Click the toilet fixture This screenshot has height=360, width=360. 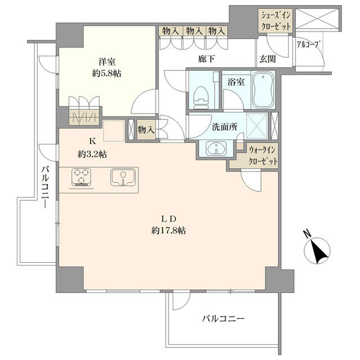click(201, 97)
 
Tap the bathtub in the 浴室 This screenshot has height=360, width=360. click(263, 90)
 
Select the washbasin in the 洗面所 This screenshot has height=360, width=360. click(216, 148)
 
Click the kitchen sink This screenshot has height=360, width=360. click(123, 178)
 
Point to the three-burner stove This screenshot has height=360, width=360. click(81, 178)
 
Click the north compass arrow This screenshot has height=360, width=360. click(319, 252)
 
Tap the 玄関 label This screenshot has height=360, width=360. click(268, 59)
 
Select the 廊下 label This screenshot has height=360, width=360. click(206, 59)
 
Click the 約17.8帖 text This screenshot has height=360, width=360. click(169, 230)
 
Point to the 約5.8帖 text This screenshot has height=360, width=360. click(107, 74)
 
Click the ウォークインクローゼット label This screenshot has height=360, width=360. click(263, 156)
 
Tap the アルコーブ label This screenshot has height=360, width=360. click(308, 44)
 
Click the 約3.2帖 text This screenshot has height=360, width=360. click(92, 154)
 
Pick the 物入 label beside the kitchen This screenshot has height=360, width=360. click(146, 130)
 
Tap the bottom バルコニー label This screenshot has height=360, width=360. click(223, 319)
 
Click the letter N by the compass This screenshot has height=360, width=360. click(307, 233)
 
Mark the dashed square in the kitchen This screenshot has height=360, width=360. click(114, 130)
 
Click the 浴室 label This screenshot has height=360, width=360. click(236, 82)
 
